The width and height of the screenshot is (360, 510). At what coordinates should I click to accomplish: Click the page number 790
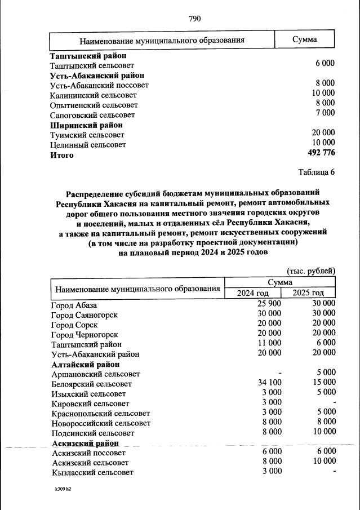[x=194, y=19]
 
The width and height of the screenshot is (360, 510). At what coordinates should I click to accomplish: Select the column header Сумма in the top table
[x=304, y=39]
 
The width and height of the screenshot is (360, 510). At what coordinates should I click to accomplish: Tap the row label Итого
[x=62, y=155]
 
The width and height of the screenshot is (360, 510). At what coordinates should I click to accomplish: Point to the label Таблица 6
[x=315, y=172]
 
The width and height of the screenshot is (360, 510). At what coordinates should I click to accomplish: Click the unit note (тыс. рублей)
[x=311, y=270]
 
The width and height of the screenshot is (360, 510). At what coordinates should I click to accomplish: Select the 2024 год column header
[x=253, y=292]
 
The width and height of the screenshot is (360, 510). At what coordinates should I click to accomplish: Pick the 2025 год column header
[x=308, y=292]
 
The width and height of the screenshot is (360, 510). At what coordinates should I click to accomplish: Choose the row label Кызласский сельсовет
[x=92, y=472]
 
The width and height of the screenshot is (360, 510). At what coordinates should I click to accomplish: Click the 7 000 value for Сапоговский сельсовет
[x=325, y=113]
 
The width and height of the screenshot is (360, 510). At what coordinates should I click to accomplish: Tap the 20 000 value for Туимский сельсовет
[x=323, y=133]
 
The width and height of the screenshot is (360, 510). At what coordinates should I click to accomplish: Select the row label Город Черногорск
[x=84, y=334]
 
